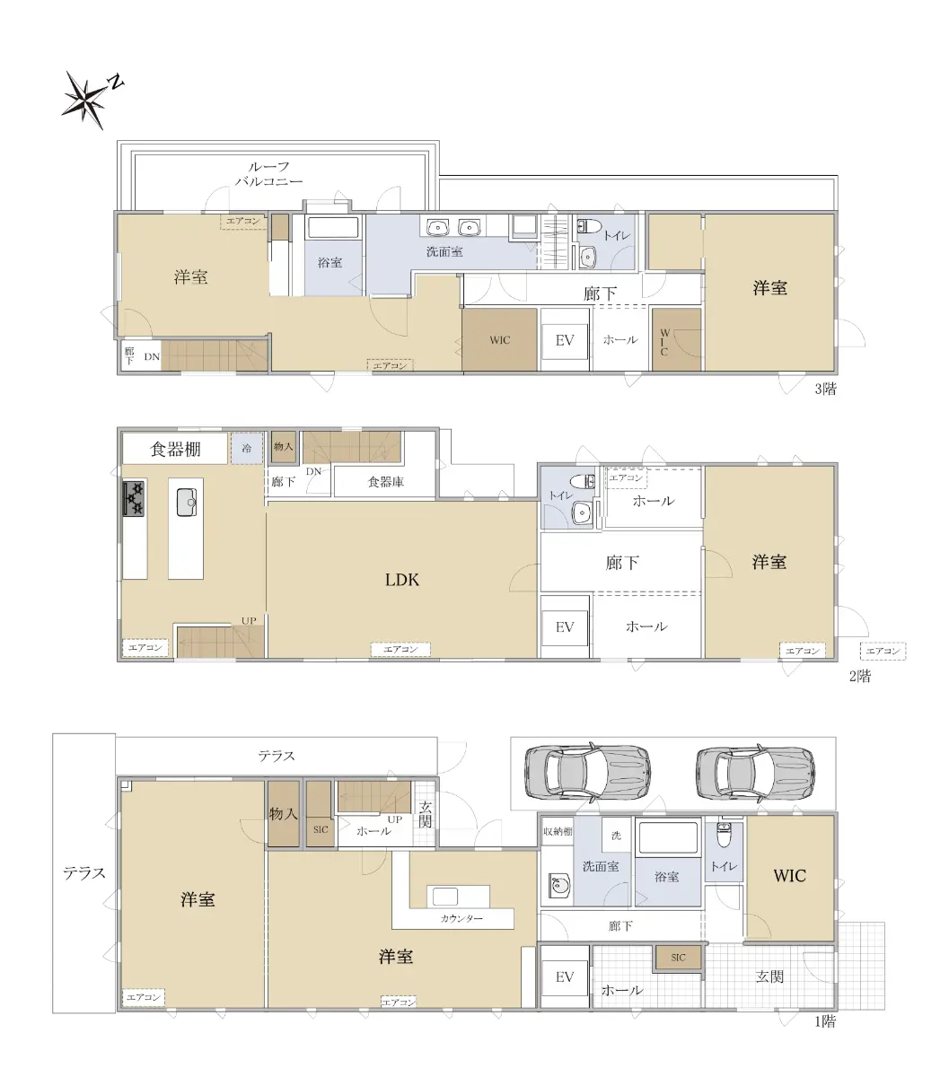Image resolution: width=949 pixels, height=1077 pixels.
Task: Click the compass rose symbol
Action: pyautogui.click(x=85, y=99)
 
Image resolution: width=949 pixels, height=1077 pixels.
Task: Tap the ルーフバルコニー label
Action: pyautogui.click(x=268, y=174)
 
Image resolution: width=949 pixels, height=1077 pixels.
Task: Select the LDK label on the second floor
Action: pyautogui.click(x=401, y=580)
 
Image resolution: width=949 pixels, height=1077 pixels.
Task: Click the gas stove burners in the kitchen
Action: pyautogui.click(x=134, y=498)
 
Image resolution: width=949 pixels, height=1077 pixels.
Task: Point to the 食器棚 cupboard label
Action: pyautogui.click(x=176, y=450)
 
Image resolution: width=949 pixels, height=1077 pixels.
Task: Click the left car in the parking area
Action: pyautogui.click(x=587, y=771)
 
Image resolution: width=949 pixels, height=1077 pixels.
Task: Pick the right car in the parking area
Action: pyautogui.click(x=755, y=772)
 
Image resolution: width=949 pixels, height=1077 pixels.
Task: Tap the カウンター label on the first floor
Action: pyautogui.click(x=461, y=918)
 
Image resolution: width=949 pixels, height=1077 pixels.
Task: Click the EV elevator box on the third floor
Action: pyautogui.click(x=565, y=340)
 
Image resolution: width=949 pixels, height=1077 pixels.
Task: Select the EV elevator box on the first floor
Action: pyautogui.click(x=565, y=977)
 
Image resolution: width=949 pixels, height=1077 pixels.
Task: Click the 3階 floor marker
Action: pyautogui.click(x=825, y=390)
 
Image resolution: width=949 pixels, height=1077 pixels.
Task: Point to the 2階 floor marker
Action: pyautogui.click(x=860, y=677)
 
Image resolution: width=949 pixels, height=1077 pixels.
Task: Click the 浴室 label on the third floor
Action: pyautogui.click(x=330, y=263)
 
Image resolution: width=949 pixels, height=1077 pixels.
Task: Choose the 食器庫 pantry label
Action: pyautogui.click(x=386, y=482)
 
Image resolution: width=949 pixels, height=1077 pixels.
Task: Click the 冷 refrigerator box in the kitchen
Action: pyautogui.click(x=247, y=448)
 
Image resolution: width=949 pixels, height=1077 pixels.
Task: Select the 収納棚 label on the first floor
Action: pyautogui.click(x=558, y=831)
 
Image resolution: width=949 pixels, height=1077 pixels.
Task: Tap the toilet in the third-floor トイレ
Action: pyautogui.click(x=589, y=226)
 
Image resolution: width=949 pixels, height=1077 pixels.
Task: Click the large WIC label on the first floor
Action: pyautogui.click(x=789, y=876)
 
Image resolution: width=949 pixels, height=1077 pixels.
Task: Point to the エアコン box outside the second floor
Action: pyautogui.click(x=883, y=652)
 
